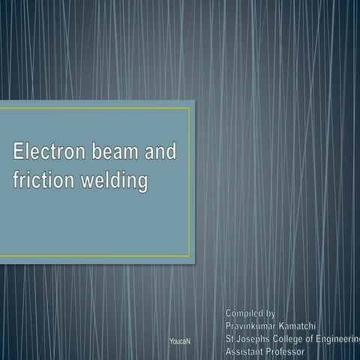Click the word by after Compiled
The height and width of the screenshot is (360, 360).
coord(271,312)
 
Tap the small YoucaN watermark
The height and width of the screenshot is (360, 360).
coord(180,341)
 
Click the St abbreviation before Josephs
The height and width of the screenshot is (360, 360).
coord(230,338)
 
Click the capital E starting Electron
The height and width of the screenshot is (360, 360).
coord(19,153)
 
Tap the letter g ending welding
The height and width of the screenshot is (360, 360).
coord(142,184)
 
